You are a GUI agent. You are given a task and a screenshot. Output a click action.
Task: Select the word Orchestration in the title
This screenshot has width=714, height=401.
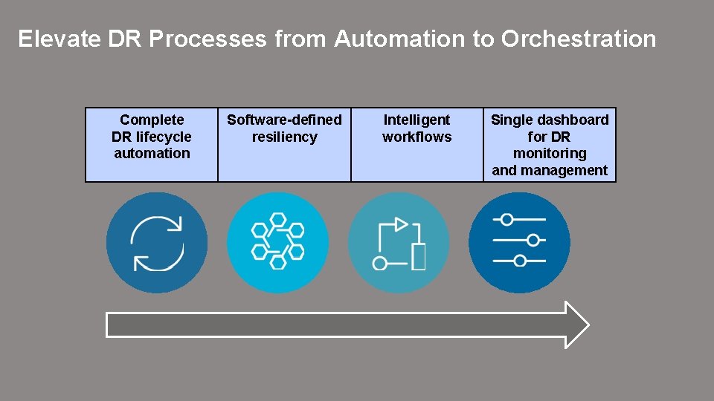pos(579,39)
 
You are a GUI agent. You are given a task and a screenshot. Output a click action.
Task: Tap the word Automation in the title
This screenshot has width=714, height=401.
pos(400,39)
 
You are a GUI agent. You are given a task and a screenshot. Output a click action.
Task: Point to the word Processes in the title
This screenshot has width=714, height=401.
pos(208,39)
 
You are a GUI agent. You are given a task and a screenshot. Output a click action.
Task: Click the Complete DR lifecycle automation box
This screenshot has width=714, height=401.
pos(152,145)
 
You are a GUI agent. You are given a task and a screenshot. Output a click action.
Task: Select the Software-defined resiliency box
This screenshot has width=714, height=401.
pos(284,145)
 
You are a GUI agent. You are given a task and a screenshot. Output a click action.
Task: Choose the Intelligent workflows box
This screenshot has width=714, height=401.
pos(416,145)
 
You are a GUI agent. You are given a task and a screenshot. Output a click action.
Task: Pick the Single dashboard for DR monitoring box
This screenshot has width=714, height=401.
pos(550,145)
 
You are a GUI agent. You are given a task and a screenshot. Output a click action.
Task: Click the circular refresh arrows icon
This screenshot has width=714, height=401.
pos(157,242)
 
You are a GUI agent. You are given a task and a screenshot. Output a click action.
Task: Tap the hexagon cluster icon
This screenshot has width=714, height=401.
pos(277,242)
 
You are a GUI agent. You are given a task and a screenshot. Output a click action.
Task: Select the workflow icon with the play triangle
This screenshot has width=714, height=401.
pos(399,242)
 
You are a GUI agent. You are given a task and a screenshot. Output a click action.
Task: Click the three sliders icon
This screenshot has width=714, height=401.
pos(519,242)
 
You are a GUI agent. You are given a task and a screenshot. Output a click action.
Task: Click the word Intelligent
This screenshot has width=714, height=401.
pos(416,120)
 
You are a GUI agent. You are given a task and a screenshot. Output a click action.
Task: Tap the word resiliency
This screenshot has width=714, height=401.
pos(284,137)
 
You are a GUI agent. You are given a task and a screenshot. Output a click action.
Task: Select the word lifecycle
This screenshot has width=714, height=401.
pos(163,137)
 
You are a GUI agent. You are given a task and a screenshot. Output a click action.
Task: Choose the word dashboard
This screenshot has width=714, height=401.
pos(571,120)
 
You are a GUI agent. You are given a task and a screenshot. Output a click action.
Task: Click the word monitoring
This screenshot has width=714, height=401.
pos(550,154)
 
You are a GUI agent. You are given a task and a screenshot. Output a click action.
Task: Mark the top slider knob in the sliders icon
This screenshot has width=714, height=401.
pos(506,220)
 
